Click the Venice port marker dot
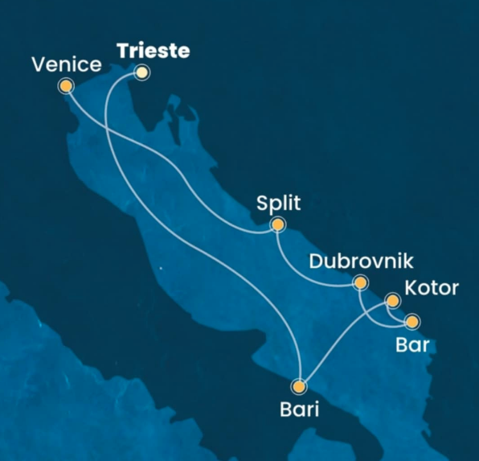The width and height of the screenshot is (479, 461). pos(65,85)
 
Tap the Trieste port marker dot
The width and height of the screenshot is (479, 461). pos(141,72)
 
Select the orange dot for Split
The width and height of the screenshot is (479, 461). pos(278,225)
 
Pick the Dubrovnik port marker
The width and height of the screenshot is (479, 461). pos(360,282)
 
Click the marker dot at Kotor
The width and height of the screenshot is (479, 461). pos(393,302)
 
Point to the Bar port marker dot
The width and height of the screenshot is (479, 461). pos(411,322)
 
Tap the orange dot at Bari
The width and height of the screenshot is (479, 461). pos(300,386)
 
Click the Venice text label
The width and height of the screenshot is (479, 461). pos(66,64)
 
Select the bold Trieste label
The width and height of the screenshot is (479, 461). pos(153,51)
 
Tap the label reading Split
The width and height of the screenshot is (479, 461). pos(278,204)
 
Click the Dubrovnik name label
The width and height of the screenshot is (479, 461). pos(361,261)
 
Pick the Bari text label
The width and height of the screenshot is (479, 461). pos(299,409)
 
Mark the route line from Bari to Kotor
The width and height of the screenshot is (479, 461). pos(346,338)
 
